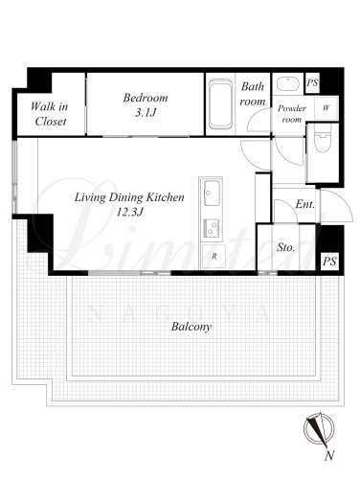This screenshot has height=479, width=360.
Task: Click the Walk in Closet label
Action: tap(49, 114)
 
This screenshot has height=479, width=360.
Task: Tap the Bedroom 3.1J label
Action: tap(146, 104)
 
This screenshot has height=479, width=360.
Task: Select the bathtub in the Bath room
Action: tap(220, 104)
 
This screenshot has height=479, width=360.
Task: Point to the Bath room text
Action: tap(253, 94)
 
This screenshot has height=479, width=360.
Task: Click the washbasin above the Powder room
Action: tap(287, 84)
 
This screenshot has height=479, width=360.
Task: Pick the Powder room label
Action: tap(292, 114)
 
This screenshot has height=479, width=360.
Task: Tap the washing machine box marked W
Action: tap(326, 108)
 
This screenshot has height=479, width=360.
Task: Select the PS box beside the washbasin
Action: tap(312, 83)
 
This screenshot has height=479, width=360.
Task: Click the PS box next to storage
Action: tap(329, 262)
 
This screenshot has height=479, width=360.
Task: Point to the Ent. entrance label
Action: tap(305, 204)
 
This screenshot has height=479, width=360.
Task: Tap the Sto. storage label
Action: tap(285, 247)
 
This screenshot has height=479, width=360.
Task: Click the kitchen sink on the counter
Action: tap(212, 194)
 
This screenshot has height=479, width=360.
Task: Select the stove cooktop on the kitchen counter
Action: tap(212, 228)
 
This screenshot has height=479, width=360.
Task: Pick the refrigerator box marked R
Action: tap(214, 256)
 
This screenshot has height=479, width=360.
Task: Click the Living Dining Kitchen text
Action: tap(129, 197)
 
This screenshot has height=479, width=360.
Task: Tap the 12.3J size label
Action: tap(129, 212)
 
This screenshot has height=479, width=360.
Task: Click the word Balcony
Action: tap(191, 327)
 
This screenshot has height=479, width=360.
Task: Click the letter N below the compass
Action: tap(329, 455)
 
